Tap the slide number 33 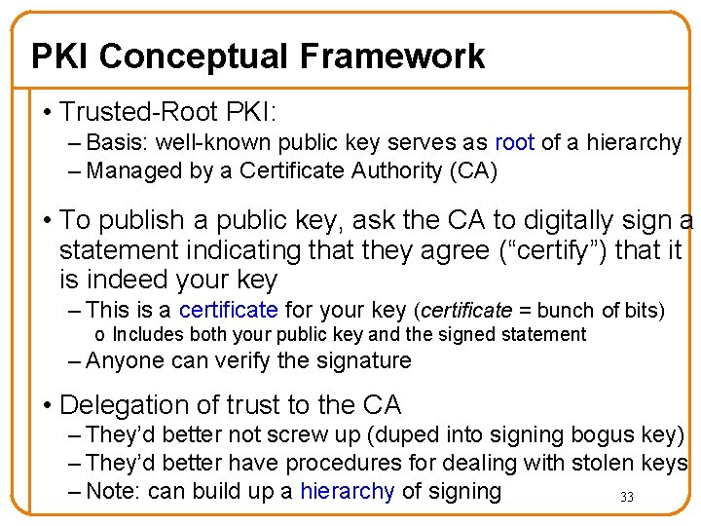(627, 498)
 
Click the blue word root (515, 142)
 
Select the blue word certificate (229, 311)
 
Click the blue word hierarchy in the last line (348, 492)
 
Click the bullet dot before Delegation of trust (47, 405)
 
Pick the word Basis (115, 142)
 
